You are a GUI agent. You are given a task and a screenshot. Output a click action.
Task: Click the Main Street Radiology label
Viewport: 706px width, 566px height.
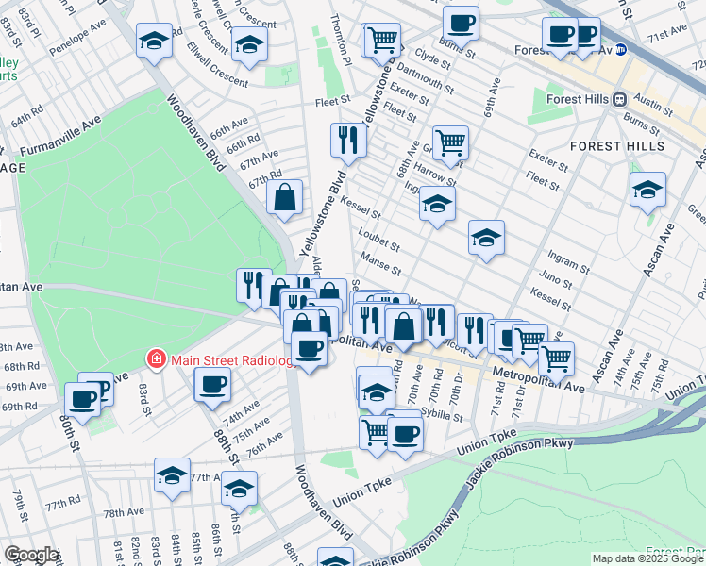point(230,358)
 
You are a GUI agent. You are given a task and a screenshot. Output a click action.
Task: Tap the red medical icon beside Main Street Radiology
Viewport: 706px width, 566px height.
point(154,358)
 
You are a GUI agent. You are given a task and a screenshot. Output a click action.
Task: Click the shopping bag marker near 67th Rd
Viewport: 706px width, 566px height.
point(285,198)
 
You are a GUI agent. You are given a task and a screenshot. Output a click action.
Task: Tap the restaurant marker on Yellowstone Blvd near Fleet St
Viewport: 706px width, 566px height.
point(348,141)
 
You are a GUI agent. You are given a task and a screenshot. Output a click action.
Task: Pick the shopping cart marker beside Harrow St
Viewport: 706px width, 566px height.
point(450,143)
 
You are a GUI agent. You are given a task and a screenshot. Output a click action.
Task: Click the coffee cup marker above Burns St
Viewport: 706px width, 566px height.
point(461,23)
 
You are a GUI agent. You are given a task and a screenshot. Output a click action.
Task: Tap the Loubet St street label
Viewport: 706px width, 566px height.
point(378,240)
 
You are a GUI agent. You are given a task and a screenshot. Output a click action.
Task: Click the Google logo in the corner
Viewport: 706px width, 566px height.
point(31,555)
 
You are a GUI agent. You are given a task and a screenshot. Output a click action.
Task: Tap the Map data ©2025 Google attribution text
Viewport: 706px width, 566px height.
point(647,558)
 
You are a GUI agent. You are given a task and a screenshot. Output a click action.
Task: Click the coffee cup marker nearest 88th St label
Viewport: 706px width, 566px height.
point(211,384)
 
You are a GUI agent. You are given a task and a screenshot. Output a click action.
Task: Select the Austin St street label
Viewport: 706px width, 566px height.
point(652,97)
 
